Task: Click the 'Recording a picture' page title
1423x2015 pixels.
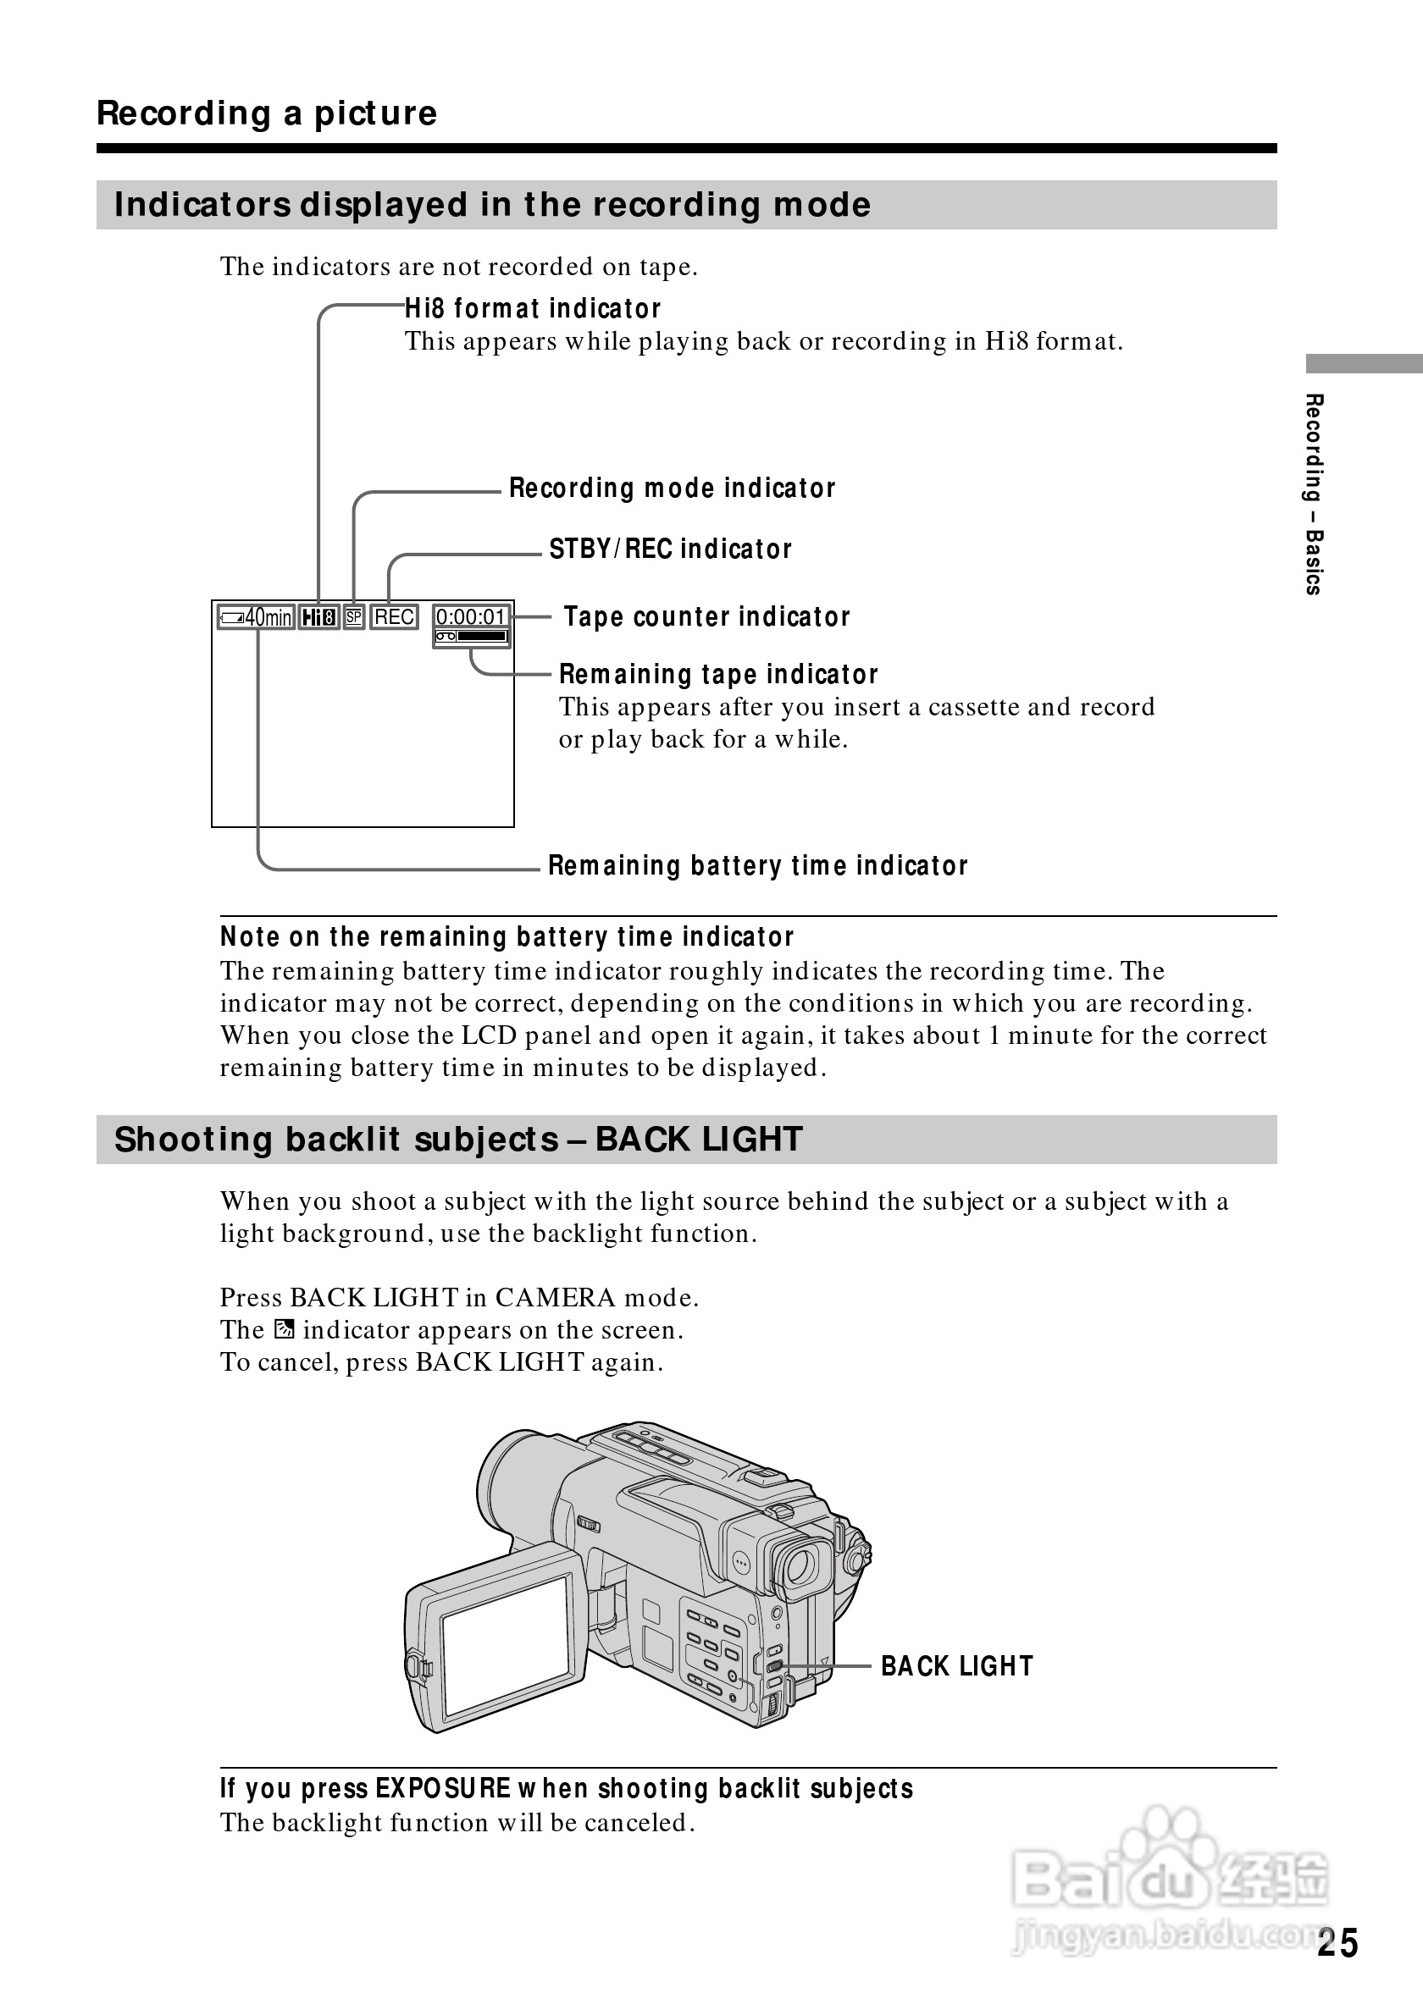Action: [267, 113]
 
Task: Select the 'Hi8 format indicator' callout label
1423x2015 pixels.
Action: [532, 309]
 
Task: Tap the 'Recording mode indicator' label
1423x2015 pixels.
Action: [672, 488]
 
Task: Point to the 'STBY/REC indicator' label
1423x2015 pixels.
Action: [670, 549]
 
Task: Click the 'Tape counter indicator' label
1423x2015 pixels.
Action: [706, 617]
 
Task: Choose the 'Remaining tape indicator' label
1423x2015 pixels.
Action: [718, 674]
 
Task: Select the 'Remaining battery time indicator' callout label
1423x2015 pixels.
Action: [757, 866]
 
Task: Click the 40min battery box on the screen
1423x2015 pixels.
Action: [257, 618]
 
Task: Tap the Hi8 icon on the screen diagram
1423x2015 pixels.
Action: [318, 618]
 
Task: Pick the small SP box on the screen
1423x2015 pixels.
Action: [354, 618]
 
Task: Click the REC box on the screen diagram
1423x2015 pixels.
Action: [394, 618]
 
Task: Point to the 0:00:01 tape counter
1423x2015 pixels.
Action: [472, 617]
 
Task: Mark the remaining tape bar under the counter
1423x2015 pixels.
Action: [473, 637]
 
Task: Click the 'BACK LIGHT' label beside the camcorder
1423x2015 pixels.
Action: [957, 1665]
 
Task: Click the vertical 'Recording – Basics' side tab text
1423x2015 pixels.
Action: [1314, 494]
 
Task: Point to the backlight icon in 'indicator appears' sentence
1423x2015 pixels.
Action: [284, 1329]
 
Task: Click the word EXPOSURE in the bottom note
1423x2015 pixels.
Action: [443, 1789]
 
